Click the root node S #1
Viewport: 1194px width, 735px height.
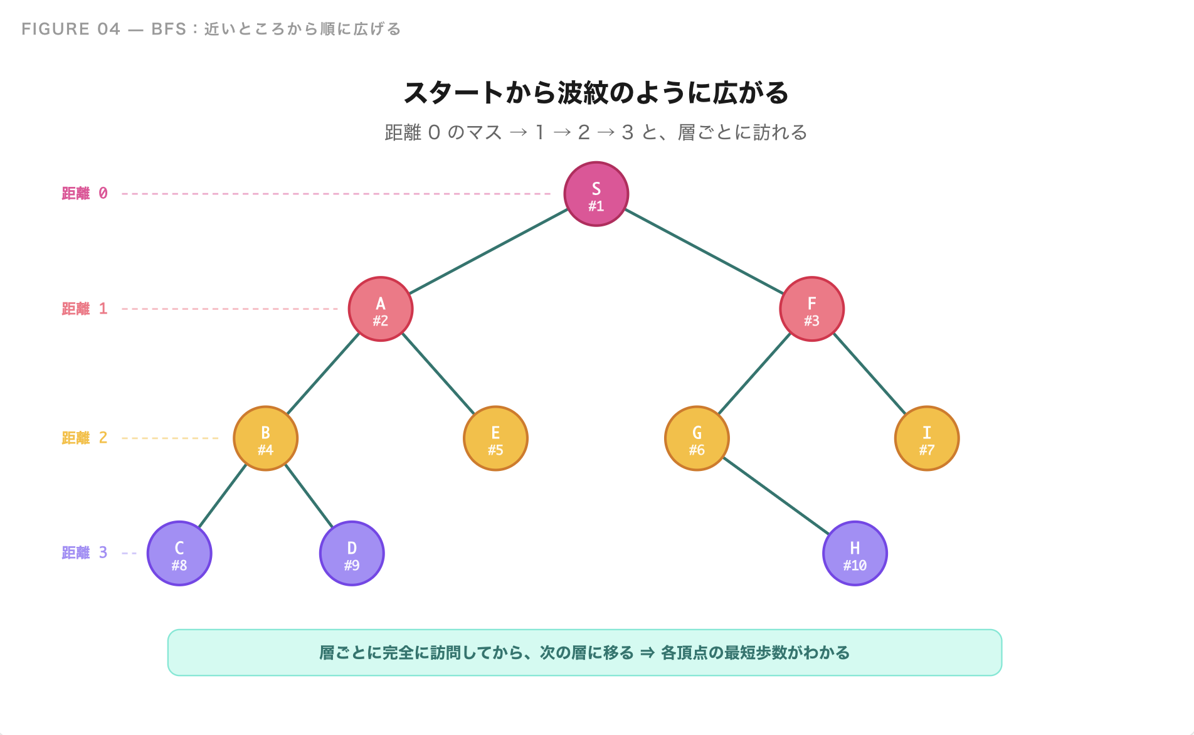tap(596, 194)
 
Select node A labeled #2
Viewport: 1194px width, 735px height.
tap(381, 309)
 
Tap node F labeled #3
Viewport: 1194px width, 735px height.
tap(811, 309)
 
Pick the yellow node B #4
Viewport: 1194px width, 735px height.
tap(265, 438)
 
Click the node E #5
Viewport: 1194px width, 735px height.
tap(495, 438)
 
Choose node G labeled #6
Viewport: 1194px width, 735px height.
tap(697, 438)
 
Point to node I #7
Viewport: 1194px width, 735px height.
tap(927, 438)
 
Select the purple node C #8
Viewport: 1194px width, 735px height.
tap(179, 554)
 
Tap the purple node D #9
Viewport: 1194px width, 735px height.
tap(352, 554)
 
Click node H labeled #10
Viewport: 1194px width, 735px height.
tap(855, 554)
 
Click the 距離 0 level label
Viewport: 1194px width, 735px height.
tap(85, 194)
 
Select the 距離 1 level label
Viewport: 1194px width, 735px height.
tap(85, 309)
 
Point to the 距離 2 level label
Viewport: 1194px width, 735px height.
tap(85, 438)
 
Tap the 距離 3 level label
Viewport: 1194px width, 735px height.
tap(85, 553)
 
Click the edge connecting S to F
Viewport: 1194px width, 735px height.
tap(704, 251)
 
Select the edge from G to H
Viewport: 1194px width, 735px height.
tap(776, 496)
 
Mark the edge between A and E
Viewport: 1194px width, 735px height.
tap(438, 374)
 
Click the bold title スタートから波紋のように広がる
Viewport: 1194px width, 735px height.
tap(596, 93)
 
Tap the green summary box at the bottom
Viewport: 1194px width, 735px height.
tap(584, 653)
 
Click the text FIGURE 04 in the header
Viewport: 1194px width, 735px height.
tap(71, 29)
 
